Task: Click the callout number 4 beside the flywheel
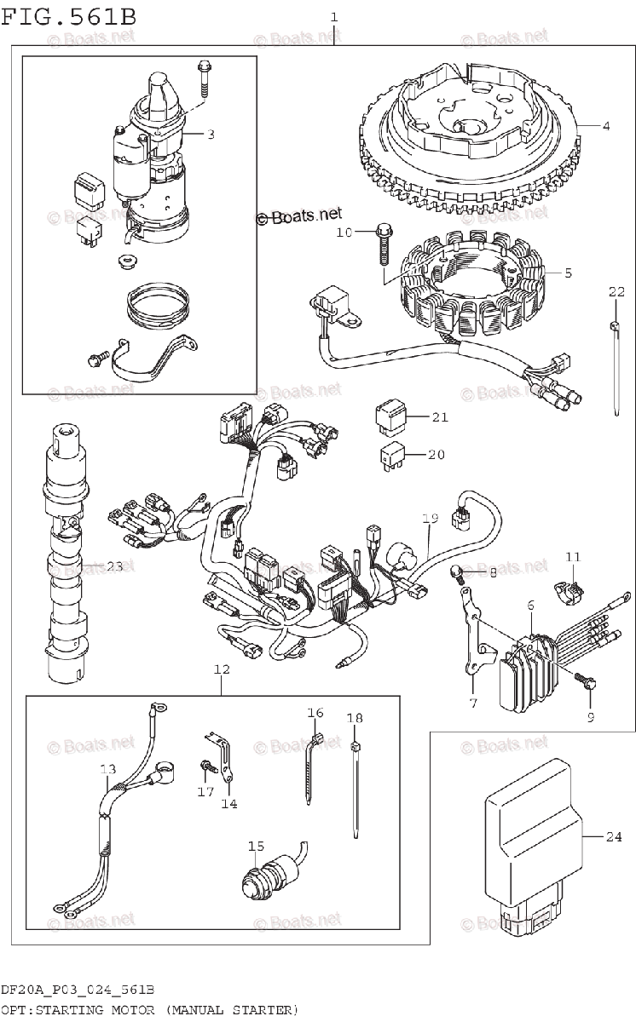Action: tap(605, 127)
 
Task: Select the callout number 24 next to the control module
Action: tap(614, 836)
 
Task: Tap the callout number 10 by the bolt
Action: tap(343, 232)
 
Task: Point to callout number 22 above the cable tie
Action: tap(616, 292)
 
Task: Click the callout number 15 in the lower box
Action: tap(257, 846)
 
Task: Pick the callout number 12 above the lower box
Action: tap(222, 670)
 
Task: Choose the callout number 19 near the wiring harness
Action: tap(430, 518)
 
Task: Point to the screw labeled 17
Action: tap(205, 768)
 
